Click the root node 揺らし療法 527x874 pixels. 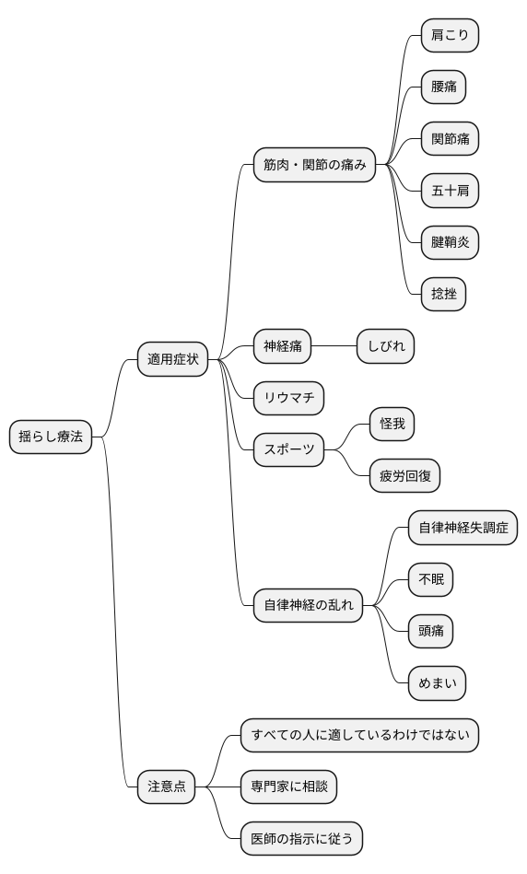click(51, 437)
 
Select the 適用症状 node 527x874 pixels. click(173, 359)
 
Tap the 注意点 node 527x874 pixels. click(167, 787)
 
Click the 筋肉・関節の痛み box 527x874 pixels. click(315, 166)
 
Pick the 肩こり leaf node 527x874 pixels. click(450, 36)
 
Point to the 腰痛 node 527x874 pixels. click(443, 87)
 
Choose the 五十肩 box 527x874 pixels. click(450, 191)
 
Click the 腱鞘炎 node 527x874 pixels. click(450, 242)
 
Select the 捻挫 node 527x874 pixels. click(443, 294)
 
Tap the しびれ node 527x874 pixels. click(386, 346)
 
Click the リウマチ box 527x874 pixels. click(289, 398)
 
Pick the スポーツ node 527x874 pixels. click(289, 450)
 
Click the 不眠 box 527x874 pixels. click(431, 580)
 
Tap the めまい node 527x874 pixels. click(438, 683)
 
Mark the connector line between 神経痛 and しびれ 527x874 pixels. click(334, 346)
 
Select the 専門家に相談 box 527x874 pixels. click(289, 787)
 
